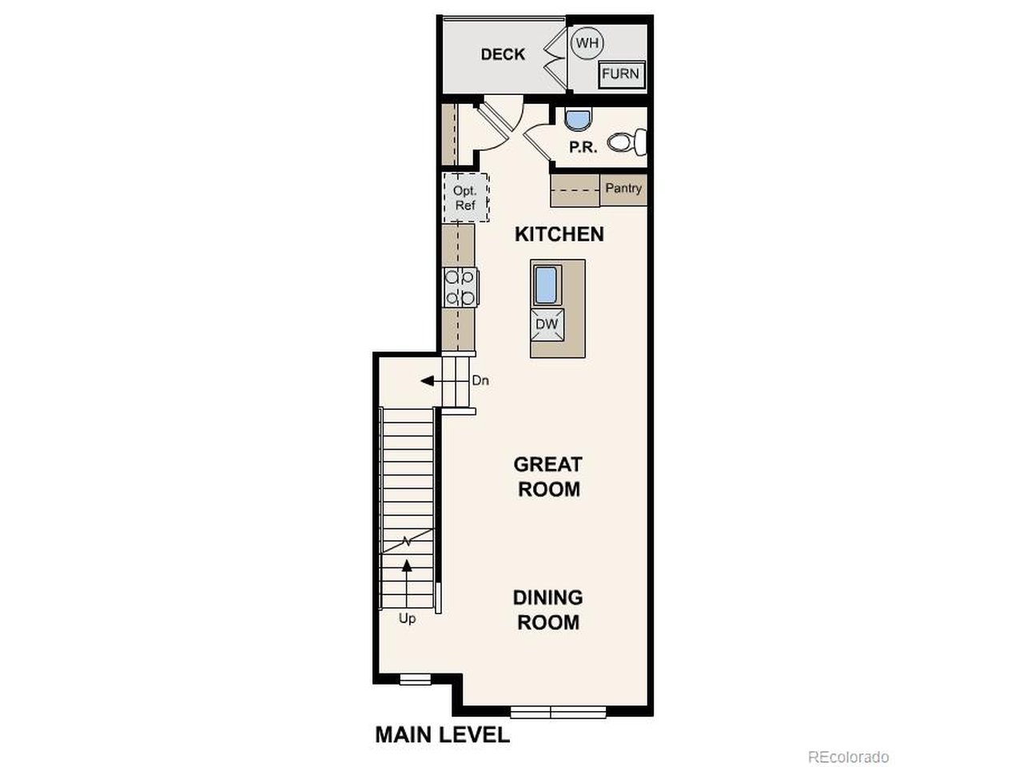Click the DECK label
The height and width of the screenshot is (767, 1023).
[503, 54]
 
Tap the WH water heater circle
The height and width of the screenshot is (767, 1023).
[587, 43]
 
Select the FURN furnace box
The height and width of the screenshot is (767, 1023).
[620, 74]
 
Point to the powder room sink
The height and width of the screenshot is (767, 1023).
[575, 119]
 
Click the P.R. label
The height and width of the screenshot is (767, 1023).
[583, 148]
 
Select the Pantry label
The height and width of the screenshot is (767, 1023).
[623, 189]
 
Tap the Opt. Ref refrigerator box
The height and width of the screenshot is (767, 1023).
[465, 198]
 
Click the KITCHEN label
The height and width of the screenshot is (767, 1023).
[559, 234]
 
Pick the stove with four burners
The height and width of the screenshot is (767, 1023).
[461, 288]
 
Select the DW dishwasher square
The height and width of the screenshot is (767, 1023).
[547, 324]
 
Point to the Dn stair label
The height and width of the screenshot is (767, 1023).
[480, 381]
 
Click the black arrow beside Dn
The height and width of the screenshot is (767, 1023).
[428, 381]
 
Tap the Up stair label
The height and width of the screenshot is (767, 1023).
[407, 618]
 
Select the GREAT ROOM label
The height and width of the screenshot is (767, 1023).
[547, 476]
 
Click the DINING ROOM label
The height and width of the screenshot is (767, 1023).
[547, 610]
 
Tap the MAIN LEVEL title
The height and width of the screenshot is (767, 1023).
[442, 735]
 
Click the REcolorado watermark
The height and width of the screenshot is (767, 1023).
[848, 757]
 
